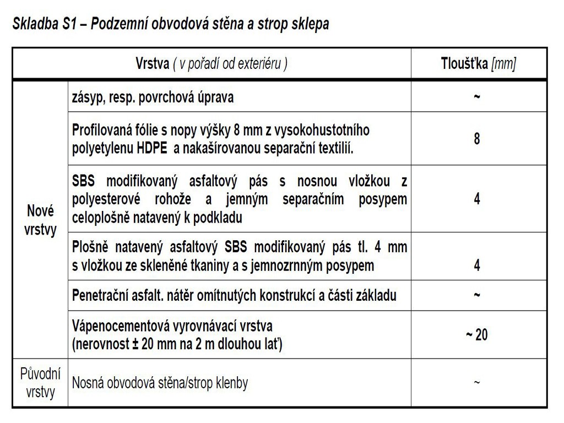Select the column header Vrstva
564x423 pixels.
(x=152, y=64)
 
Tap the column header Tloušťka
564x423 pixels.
(x=464, y=64)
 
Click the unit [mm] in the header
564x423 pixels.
(x=503, y=64)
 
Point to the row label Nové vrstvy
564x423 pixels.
(x=40, y=220)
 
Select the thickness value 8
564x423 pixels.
(x=476, y=139)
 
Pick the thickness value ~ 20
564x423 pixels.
(x=476, y=334)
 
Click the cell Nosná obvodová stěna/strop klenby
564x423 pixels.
(x=160, y=383)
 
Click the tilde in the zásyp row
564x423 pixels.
(x=476, y=97)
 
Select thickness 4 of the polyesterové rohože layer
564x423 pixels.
(x=476, y=199)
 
